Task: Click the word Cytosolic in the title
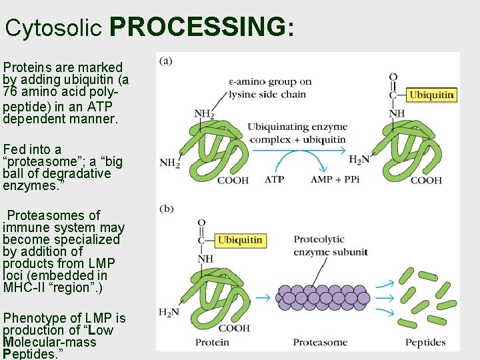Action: click(x=54, y=28)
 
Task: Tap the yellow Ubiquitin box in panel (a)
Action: click(x=431, y=95)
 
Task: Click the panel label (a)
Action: click(x=166, y=61)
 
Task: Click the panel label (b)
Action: click(x=166, y=209)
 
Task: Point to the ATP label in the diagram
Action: click(x=274, y=180)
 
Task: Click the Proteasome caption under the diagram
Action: click(x=320, y=343)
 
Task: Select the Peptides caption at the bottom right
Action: click(x=425, y=343)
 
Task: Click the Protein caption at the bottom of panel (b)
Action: click(x=212, y=343)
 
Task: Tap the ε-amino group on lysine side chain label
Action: click(x=269, y=88)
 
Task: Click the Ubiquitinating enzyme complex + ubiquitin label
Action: click(x=297, y=133)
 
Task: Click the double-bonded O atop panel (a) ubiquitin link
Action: click(x=393, y=77)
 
